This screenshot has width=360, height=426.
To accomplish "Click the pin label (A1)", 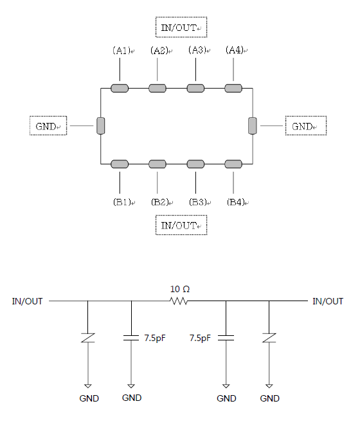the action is [122, 51].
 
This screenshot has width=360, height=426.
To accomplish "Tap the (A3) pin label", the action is [197, 50].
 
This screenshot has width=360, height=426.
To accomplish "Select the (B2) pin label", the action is [160, 202].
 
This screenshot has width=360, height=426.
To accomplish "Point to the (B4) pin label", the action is [236, 202].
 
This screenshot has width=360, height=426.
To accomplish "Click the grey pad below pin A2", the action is [157, 88].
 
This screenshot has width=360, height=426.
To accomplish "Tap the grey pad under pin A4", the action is [233, 88].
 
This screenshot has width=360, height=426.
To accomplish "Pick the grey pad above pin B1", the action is [120, 164].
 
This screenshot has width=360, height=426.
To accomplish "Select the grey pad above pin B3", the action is [195, 164].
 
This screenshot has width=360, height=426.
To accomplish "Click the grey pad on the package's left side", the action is [101, 125].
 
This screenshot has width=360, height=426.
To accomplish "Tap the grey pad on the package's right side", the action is [253, 125].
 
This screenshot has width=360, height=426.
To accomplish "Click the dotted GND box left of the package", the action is [48, 125].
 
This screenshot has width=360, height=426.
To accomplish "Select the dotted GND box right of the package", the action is [306, 125].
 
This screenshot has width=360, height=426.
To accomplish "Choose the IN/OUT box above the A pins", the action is [181, 27].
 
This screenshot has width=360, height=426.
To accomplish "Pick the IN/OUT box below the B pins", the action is [181, 225].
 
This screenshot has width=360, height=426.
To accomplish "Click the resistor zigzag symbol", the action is [178, 301].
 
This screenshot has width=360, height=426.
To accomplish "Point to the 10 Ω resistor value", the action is [180, 289].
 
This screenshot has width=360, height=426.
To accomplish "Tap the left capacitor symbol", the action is [131, 338].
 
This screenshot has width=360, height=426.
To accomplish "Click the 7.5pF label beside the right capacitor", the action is [200, 338].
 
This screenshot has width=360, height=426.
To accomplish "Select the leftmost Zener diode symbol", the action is [87, 338].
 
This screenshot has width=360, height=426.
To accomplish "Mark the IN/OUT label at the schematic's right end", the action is [328, 301].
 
